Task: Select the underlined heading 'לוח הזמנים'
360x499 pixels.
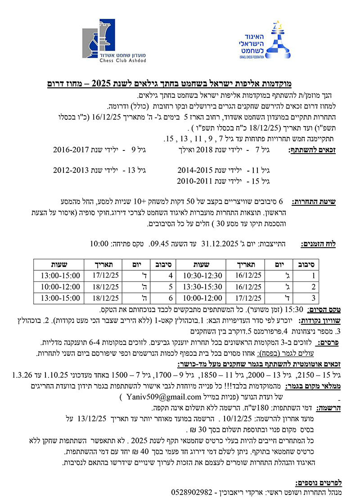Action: (320, 244)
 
